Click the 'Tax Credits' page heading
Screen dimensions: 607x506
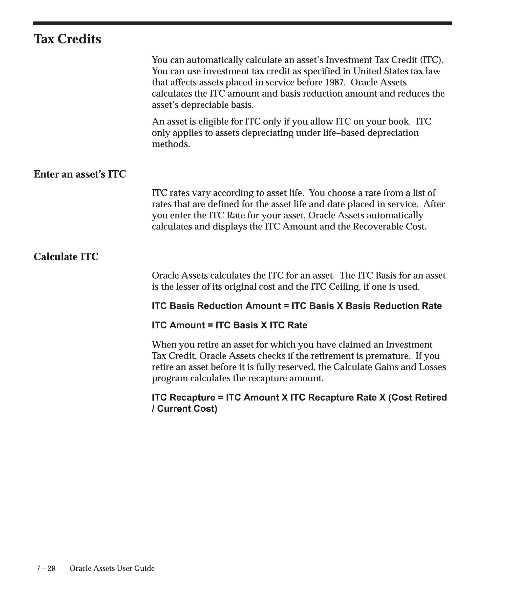point(67,39)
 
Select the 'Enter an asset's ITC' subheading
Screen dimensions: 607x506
point(80,174)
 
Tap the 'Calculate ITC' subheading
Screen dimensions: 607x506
point(66,257)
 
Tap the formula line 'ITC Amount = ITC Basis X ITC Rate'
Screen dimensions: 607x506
point(230,325)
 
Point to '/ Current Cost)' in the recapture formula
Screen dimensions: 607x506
point(185,409)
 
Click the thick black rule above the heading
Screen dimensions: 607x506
point(242,23)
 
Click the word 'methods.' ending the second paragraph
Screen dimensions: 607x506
point(171,144)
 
